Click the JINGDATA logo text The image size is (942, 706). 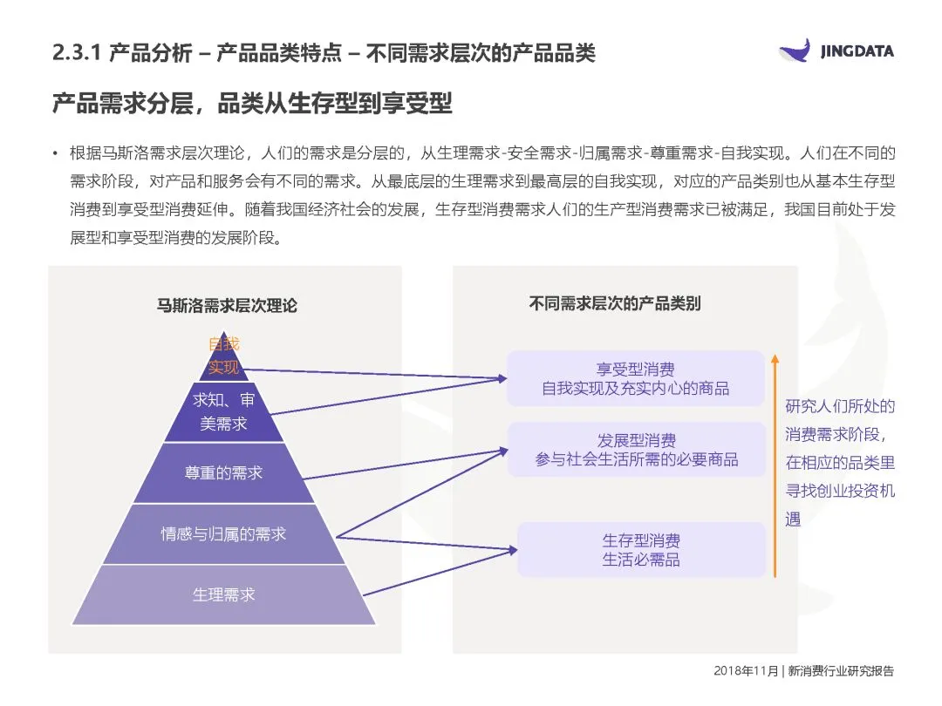pyautogui.click(x=857, y=51)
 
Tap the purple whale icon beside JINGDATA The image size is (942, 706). pyautogui.click(x=795, y=50)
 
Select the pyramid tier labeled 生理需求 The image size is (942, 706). pyautogui.click(x=224, y=595)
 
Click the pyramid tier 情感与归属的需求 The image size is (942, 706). pyautogui.click(x=223, y=533)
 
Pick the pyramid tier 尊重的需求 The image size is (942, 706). pyautogui.click(x=223, y=472)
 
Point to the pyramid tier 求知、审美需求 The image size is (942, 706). pyautogui.click(x=223, y=412)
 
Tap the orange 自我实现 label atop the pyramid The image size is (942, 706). pyautogui.click(x=223, y=356)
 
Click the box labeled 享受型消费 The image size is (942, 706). pyautogui.click(x=635, y=378)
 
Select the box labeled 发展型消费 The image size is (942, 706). pyautogui.click(x=637, y=450)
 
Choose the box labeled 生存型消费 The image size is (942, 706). pyautogui.click(x=641, y=549)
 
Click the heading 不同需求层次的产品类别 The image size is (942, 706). pyautogui.click(x=615, y=303)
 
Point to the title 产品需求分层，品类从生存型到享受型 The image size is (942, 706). pyautogui.click(x=252, y=102)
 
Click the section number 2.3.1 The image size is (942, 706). pyautogui.click(x=78, y=52)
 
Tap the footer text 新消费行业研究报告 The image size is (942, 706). pyautogui.click(x=841, y=671)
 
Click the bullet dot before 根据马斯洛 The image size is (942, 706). pyautogui.click(x=55, y=153)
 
